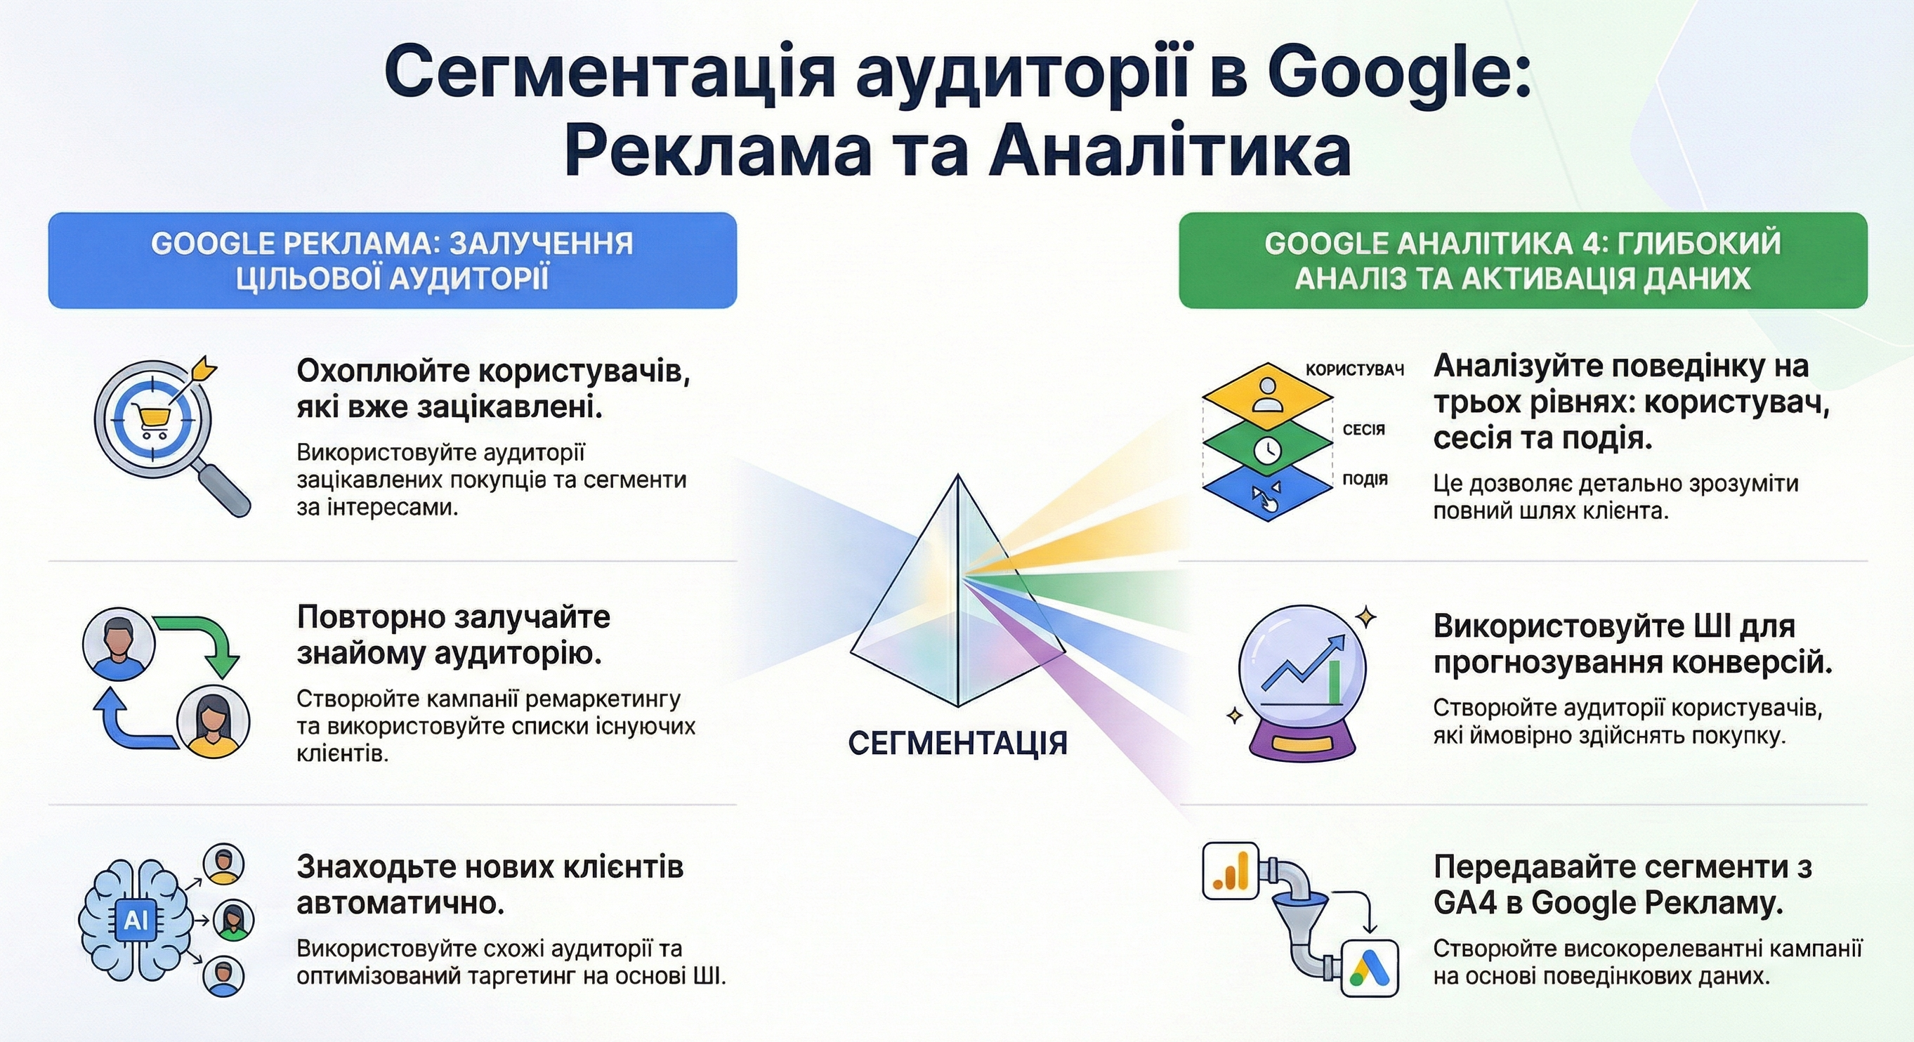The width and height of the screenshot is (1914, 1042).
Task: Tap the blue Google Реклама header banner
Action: [x=393, y=260]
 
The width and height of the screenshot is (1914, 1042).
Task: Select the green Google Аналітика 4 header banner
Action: [x=1523, y=260]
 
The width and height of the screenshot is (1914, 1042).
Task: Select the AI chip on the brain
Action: [x=136, y=921]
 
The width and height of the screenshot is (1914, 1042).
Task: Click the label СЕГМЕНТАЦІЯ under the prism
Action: [x=958, y=743]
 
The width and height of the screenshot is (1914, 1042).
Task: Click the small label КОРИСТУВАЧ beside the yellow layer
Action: [x=1354, y=370]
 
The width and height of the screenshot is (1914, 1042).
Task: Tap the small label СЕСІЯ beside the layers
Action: [x=1363, y=429]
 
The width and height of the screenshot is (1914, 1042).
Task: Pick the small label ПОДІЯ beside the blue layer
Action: [x=1365, y=479]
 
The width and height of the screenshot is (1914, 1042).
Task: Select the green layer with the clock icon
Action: [x=1267, y=448]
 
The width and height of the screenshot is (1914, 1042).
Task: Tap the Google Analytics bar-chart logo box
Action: [x=1231, y=870]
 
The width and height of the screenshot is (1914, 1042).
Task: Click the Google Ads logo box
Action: [x=1370, y=967]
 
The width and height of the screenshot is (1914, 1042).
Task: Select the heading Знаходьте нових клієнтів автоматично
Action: [x=490, y=885]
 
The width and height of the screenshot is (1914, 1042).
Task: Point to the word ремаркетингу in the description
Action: [x=603, y=699]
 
